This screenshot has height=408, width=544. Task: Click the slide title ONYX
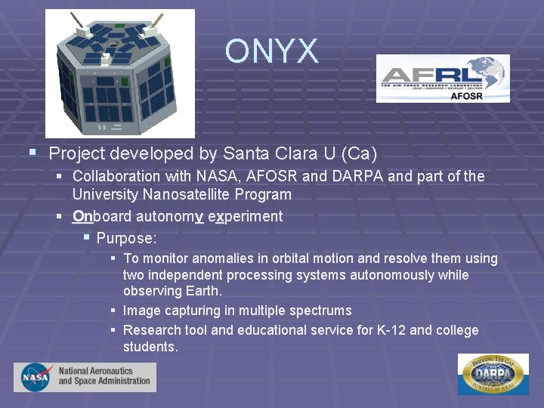pos(271,51)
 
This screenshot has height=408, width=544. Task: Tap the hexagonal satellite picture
pos(119,73)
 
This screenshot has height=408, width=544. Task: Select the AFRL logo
pos(443,78)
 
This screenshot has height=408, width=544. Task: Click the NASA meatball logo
pos(36,376)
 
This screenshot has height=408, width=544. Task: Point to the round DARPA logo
pos(493,374)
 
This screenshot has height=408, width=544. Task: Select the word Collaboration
pos(116,177)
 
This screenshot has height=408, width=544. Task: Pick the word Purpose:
pos(126,239)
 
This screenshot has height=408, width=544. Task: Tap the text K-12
pos(392,330)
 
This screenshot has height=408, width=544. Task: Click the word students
pos(150,347)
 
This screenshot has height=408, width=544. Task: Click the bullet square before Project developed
pos(32,153)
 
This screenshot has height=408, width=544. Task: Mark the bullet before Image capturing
pos(112,311)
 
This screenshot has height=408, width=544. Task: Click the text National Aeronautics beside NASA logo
pos(95,371)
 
